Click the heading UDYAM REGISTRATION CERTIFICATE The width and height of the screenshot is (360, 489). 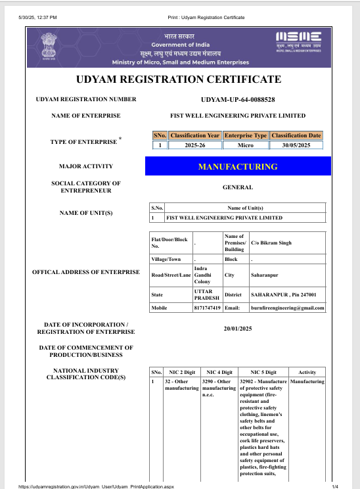coord(179,80)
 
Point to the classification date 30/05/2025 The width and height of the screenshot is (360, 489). coord(296,145)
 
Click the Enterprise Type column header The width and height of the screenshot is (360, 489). coord(246,135)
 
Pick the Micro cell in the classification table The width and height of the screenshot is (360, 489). coord(246,145)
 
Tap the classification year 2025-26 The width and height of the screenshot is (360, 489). coord(194,145)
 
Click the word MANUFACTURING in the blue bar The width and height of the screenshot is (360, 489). coord(237,166)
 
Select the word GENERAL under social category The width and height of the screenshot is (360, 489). coord(237,187)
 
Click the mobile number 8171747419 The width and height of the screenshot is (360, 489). coord(208,308)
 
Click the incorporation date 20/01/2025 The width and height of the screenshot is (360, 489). coord(237,327)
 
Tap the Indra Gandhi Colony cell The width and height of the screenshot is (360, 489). coord(204,277)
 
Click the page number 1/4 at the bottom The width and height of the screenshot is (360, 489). coord(334,486)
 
